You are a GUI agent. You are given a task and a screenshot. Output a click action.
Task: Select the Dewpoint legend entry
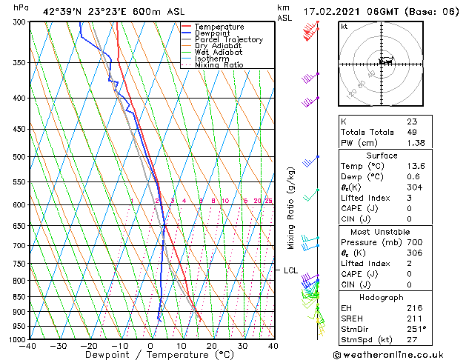213,33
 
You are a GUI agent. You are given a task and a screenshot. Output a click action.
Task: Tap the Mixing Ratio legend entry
219,65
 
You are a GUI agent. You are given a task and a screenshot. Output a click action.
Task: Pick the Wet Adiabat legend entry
216,53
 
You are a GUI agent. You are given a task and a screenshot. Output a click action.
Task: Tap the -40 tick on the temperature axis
28,346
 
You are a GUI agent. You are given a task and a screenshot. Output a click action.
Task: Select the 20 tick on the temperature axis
212,346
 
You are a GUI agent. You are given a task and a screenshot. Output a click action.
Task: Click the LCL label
291,270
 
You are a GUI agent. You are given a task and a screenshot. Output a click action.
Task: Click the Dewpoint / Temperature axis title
150,356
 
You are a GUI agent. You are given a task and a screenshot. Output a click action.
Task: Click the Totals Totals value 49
412,132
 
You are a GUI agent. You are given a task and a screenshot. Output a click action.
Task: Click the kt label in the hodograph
344,26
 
